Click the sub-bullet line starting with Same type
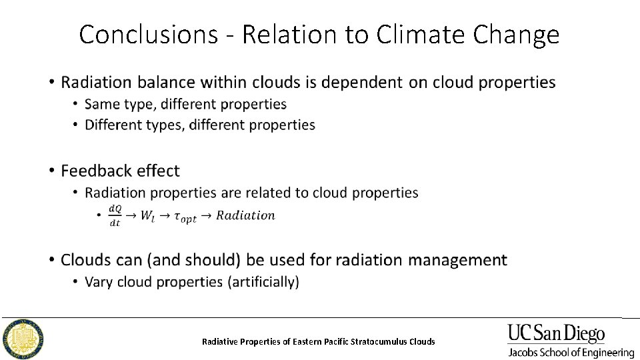(x=185, y=104)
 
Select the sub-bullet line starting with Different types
(x=200, y=125)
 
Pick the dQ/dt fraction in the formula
(x=115, y=216)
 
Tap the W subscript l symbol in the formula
(x=147, y=216)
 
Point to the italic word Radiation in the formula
(x=245, y=215)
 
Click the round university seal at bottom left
(x=24, y=338)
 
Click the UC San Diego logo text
(x=556, y=333)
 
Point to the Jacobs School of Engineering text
(x=571, y=352)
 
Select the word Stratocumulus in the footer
(x=377, y=341)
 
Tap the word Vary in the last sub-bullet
(x=99, y=282)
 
